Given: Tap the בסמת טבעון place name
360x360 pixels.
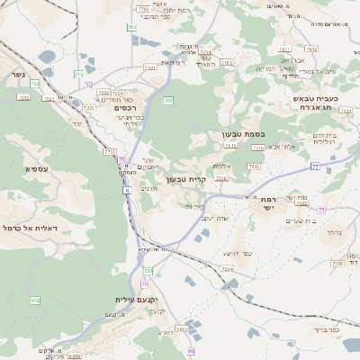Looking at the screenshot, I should tap(242, 136).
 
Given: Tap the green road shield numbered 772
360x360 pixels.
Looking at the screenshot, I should tap(79, 73).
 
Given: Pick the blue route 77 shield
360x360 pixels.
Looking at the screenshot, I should tap(315, 166).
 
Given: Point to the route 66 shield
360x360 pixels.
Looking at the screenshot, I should tap(190, 350).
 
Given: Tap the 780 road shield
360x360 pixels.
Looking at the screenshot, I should tap(132, 28).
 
